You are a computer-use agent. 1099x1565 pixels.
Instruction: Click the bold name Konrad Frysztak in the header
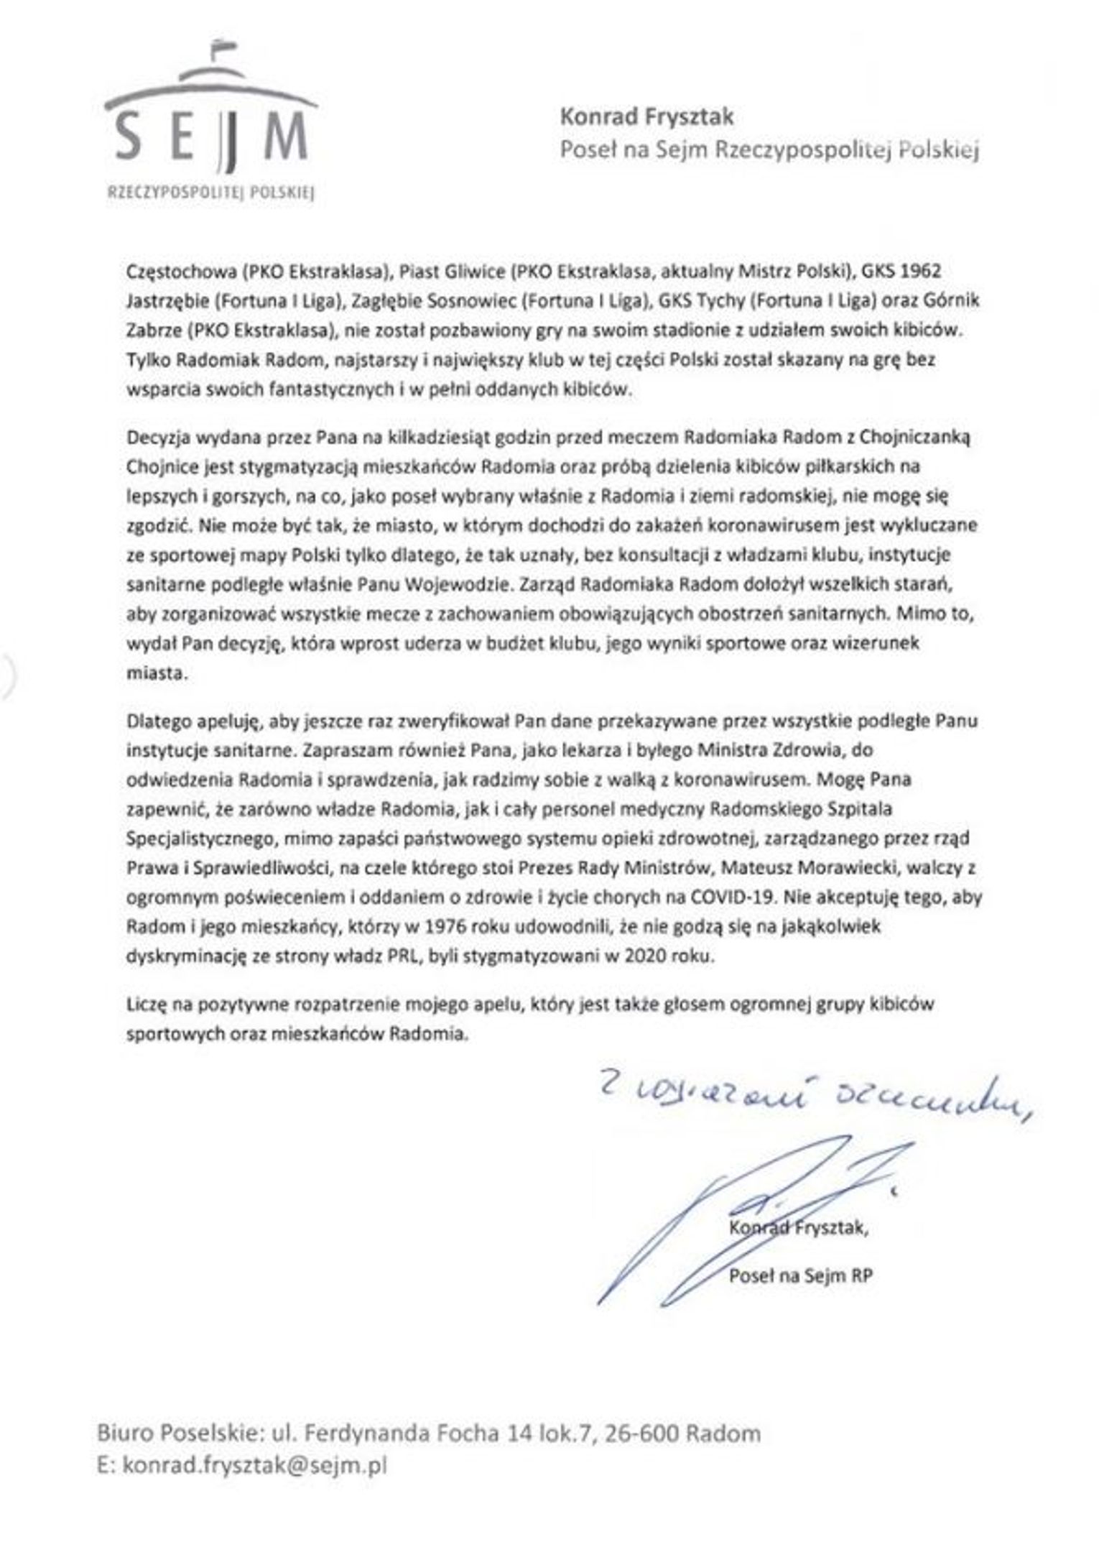(x=646, y=116)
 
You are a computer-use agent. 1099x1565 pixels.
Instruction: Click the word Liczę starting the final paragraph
(x=146, y=1004)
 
